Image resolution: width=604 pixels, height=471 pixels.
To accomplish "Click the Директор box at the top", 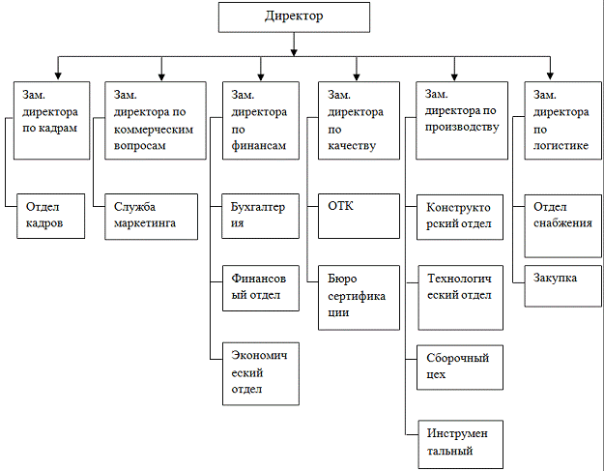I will [x=294, y=18].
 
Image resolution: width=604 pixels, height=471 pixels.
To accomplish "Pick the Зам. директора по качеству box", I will [x=358, y=120].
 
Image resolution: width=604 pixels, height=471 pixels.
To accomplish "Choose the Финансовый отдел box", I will [x=258, y=287].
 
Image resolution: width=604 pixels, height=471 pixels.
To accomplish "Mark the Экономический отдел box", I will [x=258, y=372].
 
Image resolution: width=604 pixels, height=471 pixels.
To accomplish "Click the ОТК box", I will [x=358, y=217].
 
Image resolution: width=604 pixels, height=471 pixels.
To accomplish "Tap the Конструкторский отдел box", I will [x=459, y=218].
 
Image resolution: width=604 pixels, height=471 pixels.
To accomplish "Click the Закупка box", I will [x=560, y=283].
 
